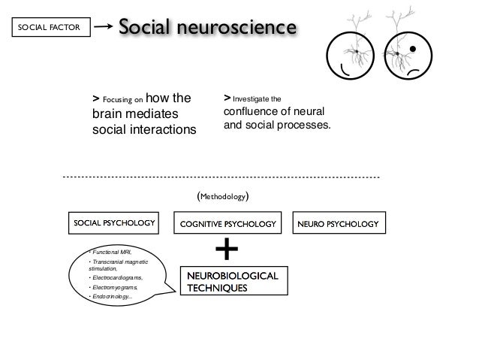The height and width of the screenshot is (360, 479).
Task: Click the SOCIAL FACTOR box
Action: pyautogui.click(x=48, y=29)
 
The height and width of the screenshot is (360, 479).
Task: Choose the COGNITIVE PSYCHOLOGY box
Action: pyautogui.click(x=228, y=224)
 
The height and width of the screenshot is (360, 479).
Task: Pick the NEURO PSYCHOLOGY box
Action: pyautogui.click(x=337, y=223)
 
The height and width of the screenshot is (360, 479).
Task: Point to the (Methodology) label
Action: pyautogui.click(x=222, y=197)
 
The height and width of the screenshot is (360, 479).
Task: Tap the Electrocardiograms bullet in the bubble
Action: pyautogui.click(x=116, y=277)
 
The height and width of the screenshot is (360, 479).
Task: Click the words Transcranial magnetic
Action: pyautogui.click(x=119, y=262)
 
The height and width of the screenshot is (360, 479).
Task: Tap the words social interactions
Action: pyautogui.click(x=143, y=129)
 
